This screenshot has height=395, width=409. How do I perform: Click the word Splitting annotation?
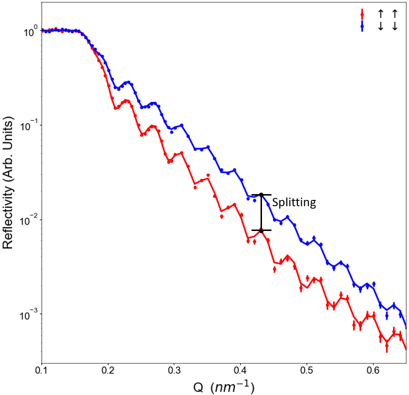click(x=294, y=202)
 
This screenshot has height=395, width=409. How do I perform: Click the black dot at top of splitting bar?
click(x=261, y=195)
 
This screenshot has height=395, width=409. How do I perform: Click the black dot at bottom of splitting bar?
click(x=261, y=230)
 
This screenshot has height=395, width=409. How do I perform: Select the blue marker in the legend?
click(x=362, y=26)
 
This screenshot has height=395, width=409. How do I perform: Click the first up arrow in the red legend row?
click(x=381, y=13)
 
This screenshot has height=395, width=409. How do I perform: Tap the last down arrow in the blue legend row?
click(x=395, y=26)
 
